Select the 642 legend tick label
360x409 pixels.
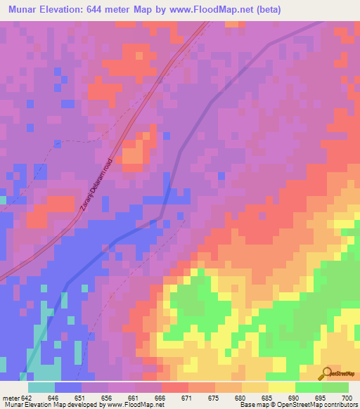point(27,398)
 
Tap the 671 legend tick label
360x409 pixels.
point(186,398)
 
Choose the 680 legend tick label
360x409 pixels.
point(240,398)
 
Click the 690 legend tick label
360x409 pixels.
point(292,398)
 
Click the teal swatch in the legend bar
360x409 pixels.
point(41,387)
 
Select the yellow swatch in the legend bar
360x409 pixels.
point(281,387)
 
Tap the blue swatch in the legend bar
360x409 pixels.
point(68,387)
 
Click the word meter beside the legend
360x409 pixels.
point(11,398)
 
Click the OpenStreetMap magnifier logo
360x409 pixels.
point(326,374)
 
